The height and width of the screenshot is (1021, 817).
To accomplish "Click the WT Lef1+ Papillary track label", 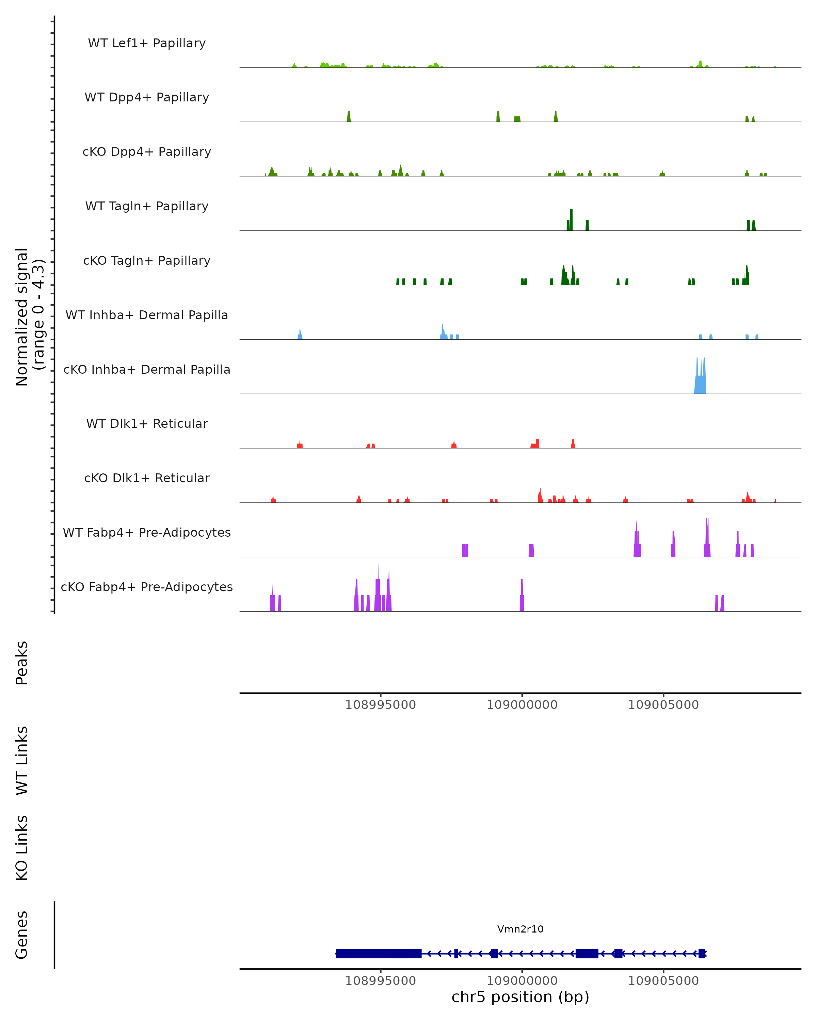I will pos(147,43).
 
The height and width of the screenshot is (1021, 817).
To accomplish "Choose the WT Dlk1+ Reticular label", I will pos(147,423).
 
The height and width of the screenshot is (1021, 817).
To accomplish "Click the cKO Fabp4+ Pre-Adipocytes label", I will pos(147,587).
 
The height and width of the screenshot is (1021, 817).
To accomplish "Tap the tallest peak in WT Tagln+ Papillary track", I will pos(571,220).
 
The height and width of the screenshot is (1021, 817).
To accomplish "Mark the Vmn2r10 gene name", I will pos(520,929).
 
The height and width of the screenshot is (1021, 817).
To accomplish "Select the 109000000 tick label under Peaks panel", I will pos(522,705).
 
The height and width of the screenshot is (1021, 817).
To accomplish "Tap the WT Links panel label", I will pos(22,760).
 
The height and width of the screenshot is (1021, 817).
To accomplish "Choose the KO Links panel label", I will pos(22,848).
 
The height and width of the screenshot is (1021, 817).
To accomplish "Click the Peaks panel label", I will pos(22,663).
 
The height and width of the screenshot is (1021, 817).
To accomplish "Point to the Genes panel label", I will pos(22,935).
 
